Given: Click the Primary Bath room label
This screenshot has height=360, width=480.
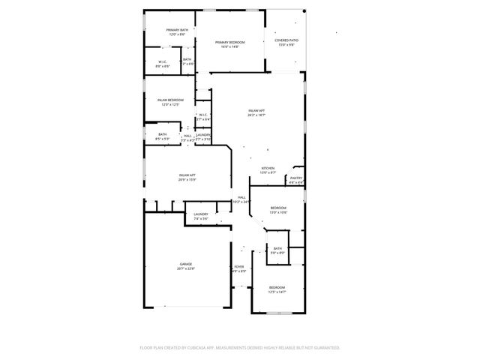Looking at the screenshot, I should tap(178, 30).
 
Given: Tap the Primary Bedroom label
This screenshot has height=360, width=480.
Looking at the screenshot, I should tap(230, 42).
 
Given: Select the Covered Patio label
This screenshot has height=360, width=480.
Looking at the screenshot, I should tap(285, 40).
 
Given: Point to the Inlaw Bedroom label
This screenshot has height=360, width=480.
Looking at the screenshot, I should tap(171, 100).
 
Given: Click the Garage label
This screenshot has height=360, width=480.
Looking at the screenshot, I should tap(185, 264).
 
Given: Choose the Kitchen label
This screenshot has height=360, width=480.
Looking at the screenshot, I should tap(268, 168).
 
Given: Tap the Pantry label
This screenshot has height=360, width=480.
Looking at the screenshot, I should tap(296, 178).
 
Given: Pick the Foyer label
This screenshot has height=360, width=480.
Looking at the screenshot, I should tap(239, 266).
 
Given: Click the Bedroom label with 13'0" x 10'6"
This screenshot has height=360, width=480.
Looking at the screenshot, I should tap(278, 207).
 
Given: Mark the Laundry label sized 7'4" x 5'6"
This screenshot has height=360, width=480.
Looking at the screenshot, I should tap(200, 214).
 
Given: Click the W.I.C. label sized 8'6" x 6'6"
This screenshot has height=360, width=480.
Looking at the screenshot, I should tap(163, 61).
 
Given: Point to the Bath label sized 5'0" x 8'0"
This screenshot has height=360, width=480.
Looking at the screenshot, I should tap(277, 248).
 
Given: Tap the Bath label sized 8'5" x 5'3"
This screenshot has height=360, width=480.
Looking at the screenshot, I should tap(163, 134).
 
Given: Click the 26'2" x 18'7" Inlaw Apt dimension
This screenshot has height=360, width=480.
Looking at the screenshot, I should tap(257, 115).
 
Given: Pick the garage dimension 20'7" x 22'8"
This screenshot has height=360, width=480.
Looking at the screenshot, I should tap(187, 268).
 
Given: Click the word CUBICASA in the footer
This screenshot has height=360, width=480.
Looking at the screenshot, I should tap(196, 347).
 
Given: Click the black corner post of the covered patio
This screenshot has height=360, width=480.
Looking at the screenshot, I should tap(304, 10).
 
